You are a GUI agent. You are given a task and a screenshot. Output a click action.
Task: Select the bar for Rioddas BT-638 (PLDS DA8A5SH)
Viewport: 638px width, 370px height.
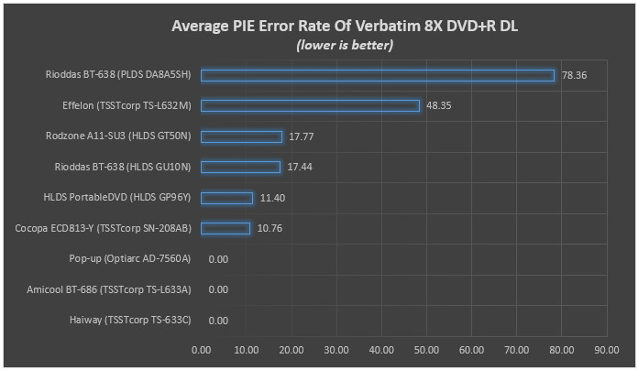pos(378,75)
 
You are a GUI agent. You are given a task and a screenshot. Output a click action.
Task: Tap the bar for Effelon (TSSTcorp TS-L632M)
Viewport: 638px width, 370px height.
pos(310,105)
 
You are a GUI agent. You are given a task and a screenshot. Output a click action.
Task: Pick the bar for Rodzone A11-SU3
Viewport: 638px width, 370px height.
pos(241,136)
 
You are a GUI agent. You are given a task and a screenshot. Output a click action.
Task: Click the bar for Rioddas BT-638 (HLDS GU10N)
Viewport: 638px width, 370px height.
pos(240,167)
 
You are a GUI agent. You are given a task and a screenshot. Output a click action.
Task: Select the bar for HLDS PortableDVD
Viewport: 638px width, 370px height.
pos(226,198)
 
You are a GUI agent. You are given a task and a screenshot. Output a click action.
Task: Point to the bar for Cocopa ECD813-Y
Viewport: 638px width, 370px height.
pos(225,228)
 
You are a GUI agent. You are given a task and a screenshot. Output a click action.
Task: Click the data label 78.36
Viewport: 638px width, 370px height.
pos(574,75)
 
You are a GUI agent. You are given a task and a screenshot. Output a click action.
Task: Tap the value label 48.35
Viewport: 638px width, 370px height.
pos(439,106)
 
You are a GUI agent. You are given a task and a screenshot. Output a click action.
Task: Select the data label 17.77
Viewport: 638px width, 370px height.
pos(302,136)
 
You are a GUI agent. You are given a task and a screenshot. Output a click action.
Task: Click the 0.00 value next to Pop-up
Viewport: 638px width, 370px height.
pos(218,259)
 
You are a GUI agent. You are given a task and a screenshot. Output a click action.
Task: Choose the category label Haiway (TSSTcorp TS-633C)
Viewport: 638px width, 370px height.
pos(130,321)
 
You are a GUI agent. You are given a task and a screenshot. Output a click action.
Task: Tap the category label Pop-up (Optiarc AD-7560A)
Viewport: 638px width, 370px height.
pos(130,259)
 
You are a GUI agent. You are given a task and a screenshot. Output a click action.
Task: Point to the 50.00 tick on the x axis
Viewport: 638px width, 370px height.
pos(426,349)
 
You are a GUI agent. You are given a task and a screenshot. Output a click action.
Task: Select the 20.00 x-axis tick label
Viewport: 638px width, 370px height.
pos(291,349)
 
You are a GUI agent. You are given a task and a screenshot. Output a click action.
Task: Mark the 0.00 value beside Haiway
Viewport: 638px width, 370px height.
pos(218,321)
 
